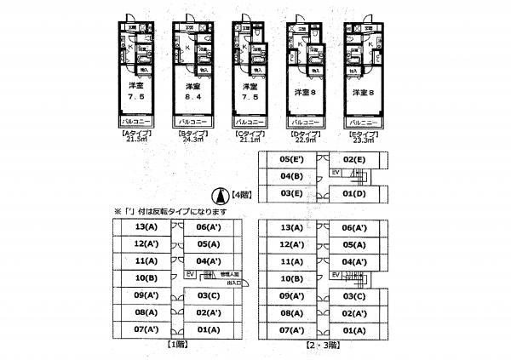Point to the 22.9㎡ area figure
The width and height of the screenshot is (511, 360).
pos(305,140)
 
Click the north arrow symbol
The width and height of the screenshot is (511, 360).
pos(218,195)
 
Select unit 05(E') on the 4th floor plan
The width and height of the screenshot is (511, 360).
pos(292,159)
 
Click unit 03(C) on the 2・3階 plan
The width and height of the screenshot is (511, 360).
pos(353,295)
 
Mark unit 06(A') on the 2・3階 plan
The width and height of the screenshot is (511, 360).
pos(353,227)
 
